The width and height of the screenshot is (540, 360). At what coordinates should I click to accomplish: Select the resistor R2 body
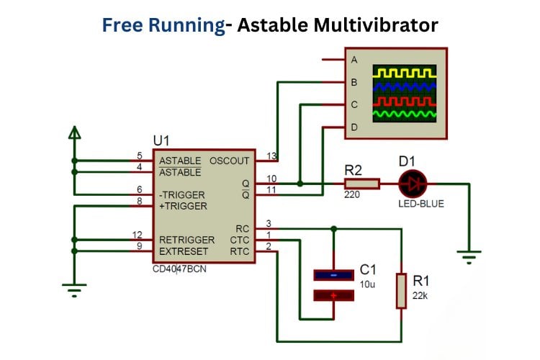(x=359, y=184)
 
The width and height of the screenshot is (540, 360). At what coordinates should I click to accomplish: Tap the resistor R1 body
(x=401, y=290)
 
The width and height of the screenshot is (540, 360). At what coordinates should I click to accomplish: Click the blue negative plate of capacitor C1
(x=333, y=274)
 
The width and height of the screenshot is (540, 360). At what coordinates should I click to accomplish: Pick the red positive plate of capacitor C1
(x=333, y=294)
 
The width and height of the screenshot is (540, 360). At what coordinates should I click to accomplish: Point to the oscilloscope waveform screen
(x=404, y=93)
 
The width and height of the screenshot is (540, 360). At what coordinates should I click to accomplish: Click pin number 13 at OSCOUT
(x=271, y=156)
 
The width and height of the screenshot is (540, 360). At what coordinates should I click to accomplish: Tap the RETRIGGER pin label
(x=186, y=240)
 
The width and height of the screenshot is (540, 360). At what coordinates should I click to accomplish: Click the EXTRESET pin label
(x=184, y=251)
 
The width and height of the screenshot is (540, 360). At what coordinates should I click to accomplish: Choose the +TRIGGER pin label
(x=183, y=206)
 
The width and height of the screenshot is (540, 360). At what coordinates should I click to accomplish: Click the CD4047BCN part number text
(x=179, y=269)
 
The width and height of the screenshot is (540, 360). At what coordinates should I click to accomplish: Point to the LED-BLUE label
(x=421, y=204)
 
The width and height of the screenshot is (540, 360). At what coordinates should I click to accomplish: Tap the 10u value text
(x=367, y=284)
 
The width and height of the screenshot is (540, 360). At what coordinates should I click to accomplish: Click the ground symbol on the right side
(x=469, y=254)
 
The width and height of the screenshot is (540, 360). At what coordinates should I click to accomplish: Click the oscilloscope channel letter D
(x=354, y=127)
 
